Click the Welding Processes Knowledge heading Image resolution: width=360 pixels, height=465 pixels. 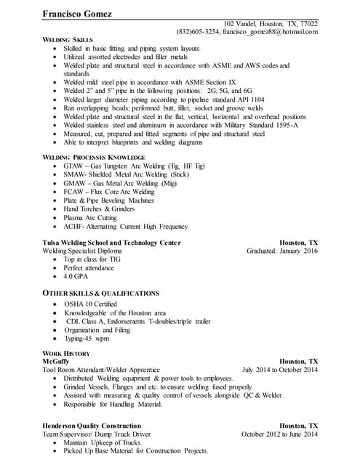tap(94, 157)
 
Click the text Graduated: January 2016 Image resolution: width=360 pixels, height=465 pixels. tap(282, 251)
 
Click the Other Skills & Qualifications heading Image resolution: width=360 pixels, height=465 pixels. tap(101, 293)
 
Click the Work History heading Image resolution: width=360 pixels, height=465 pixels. tap(66, 353)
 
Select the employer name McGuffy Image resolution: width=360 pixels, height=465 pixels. tap(57, 361)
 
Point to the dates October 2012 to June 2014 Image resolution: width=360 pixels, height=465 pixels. tap(279, 434)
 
